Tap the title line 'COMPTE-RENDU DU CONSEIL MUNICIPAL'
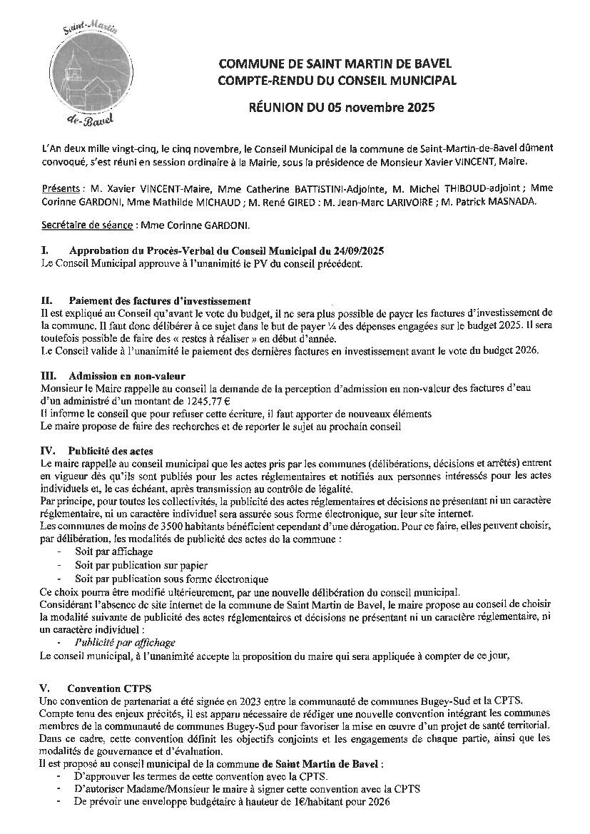(x=337, y=81)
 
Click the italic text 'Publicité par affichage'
(x=125, y=642)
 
